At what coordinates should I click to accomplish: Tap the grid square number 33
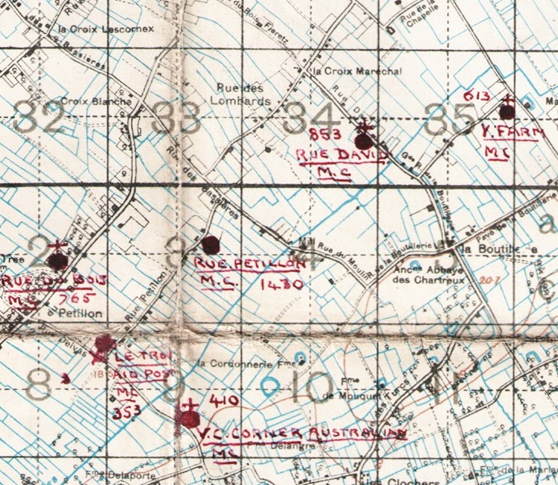click(x=175, y=118)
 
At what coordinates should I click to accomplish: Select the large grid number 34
click(x=310, y=118)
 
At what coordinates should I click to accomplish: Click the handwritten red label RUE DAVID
click(x=341, y=156)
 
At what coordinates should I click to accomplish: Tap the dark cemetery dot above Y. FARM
click(x=507, y=112)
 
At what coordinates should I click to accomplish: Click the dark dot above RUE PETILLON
click(x=211, y=244)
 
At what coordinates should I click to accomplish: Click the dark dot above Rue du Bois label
click(x=57, y=261)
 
